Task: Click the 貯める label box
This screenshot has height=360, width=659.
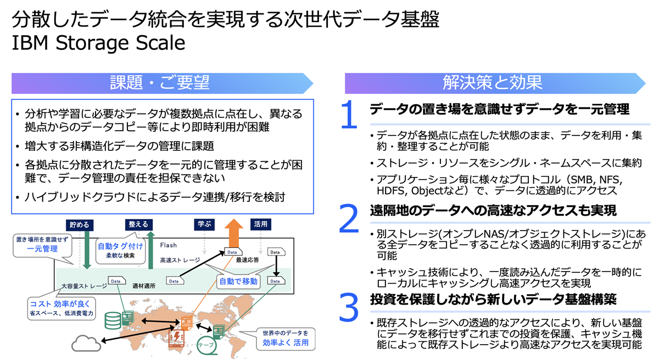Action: coord(80,225)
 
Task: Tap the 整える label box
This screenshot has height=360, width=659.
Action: coord(138,224)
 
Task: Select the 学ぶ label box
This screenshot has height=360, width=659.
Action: coord(204,224)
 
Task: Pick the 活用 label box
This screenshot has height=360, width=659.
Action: coord(260,224)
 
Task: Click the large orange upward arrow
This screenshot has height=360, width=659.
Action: coord(233,234)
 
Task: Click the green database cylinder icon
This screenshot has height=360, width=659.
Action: coord(113,320)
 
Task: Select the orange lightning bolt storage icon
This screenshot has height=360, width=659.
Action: coord(176,338)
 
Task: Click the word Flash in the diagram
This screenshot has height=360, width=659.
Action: coord(168,245)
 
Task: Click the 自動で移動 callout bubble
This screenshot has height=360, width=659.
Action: coord(238,281)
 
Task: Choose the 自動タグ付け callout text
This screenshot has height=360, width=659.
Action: coord(120,246)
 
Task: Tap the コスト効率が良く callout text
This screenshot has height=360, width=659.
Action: coord(60,304)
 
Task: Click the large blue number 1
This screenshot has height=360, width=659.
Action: coord(349,115)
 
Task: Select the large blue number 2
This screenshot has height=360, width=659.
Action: coord(349,218)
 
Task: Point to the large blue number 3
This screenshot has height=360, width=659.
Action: coord(349,307)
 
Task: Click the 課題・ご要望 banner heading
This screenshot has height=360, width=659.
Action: coord(160,82)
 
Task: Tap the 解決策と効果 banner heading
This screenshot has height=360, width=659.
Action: coord(492,82)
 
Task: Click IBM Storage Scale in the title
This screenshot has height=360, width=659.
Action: coord(98,43)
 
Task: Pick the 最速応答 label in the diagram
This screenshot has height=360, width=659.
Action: coord(248,260)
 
